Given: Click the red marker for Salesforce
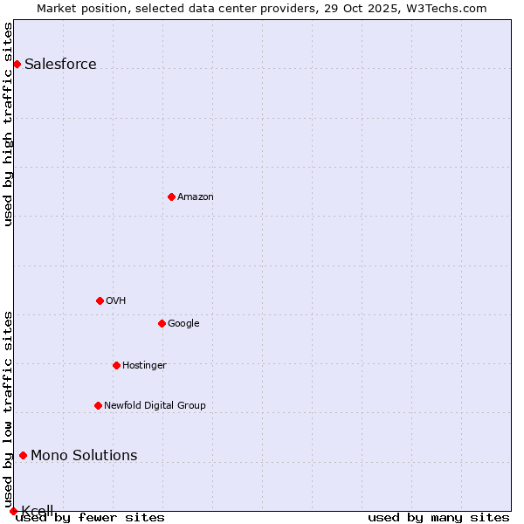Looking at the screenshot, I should (17, 64).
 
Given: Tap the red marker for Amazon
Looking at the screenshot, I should (171, 196).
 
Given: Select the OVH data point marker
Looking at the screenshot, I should (100, 300).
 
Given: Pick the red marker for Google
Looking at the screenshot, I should (162, 323).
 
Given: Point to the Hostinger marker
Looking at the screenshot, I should (116, 365).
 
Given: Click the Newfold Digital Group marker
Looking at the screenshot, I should (98, 405).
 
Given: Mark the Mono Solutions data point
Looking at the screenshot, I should (23, 455).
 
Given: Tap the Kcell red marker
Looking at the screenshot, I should (13, 511).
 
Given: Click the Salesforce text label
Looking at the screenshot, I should (60, 64).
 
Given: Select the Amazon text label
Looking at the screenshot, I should (196, 196).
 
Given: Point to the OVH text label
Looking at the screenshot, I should (115, 300).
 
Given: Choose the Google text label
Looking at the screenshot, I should (183, 323).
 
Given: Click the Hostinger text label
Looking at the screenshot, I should (144, 365).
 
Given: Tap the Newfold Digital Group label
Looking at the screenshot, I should (155, 405).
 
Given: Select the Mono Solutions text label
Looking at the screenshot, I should (84, 455).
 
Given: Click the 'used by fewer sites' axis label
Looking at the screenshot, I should (90, 517).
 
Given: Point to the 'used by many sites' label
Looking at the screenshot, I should (438, 517).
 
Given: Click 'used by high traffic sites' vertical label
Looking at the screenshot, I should (8, 124).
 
